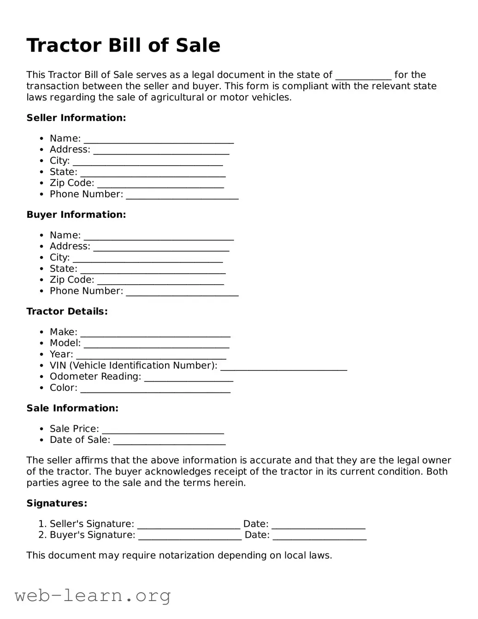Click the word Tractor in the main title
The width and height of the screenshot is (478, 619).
coord(65,46)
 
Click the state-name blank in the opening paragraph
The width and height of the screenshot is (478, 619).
coord(363,76)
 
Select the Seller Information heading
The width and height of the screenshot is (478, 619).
coord(76,118)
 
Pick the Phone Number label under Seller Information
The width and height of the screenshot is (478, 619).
coord(86,195)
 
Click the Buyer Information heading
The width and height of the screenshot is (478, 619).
coord(76,215)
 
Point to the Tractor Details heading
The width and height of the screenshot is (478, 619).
coord(67,312)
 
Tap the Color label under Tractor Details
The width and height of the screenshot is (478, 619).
coord(63,388)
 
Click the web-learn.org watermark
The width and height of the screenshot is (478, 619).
coord(93,596)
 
